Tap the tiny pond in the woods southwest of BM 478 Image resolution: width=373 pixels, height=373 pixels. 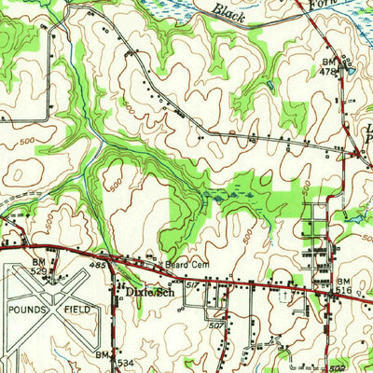click(x=270, y=85)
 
